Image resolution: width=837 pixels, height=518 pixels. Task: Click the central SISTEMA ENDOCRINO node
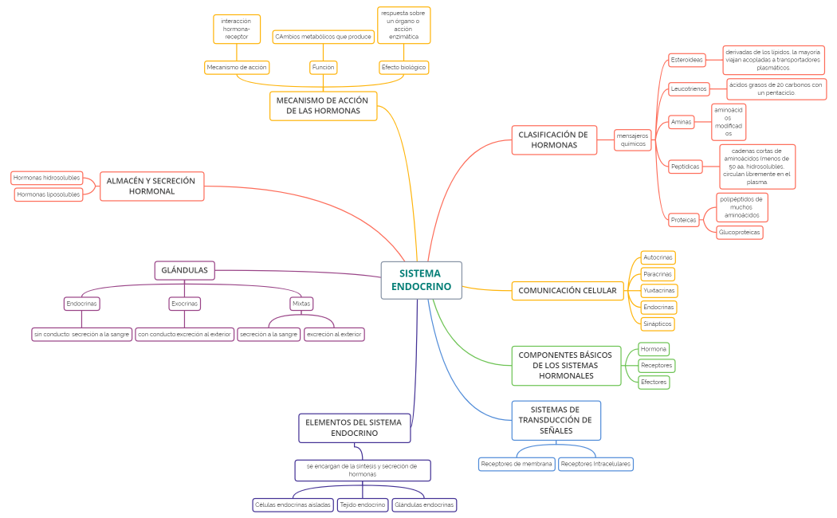click(x=421, y=280)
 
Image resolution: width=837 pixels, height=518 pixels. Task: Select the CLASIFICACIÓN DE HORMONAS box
click(x=553, y=140)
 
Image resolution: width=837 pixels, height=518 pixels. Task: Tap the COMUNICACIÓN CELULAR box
click(x=567, y=291)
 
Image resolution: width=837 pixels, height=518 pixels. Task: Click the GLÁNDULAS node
click(x=184, y=271)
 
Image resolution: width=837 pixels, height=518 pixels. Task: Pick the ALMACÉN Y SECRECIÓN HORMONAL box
click(x=151, y=186)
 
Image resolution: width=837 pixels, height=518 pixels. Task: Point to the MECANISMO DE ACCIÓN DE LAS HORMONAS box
click(x=323, y=106)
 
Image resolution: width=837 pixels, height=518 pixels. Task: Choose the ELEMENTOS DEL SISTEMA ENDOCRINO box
click(x=354, y=427)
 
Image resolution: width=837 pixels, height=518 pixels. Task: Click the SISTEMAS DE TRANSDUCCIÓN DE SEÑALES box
click(x=555, y=420)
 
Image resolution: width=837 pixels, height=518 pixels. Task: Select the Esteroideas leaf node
click(x=686, y=60)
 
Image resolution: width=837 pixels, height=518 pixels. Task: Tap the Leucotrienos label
click(x=689, y=88)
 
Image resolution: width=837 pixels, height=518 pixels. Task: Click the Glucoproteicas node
click(x=739, y=233)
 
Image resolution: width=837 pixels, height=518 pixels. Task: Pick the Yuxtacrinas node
click(x=658, y=291)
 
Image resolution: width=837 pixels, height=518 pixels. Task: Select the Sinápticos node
click(x=658, y=324)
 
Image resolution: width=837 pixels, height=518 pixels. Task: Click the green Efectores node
click(x=653, y=383)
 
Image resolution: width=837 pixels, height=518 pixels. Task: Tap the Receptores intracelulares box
click(x=595, y=464)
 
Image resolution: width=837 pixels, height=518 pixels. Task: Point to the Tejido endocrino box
click(x=362, y=504)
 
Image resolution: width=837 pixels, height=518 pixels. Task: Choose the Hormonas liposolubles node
click(x=49, y=194)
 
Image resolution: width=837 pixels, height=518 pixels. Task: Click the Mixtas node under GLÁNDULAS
click(x=301, y=304)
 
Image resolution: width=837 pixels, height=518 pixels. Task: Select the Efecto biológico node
click(x=404, y=68)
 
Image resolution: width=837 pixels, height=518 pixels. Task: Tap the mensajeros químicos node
click(x=632, y=140)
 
